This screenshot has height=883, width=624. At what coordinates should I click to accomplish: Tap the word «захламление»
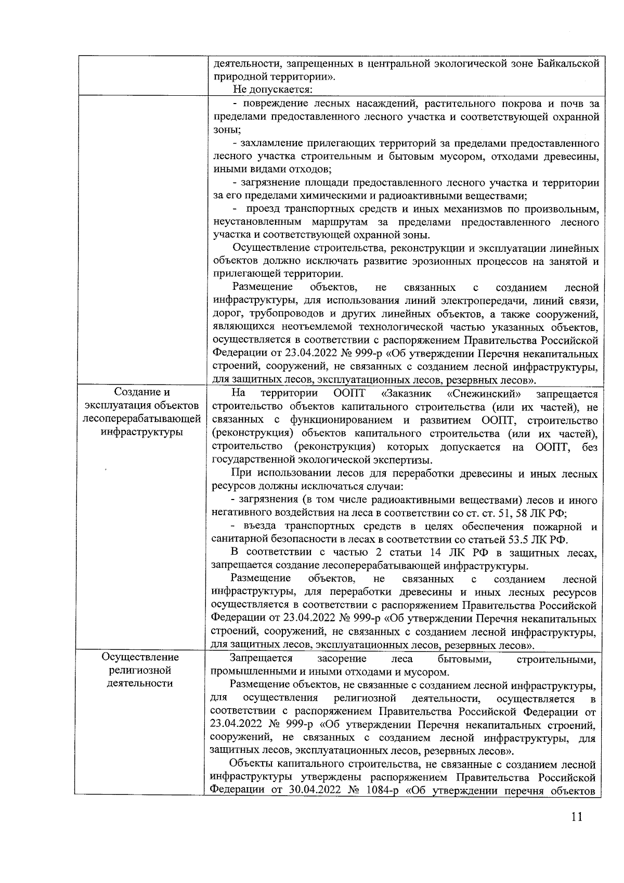point(270,143)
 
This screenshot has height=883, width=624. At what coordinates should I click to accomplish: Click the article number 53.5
point(514,539)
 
